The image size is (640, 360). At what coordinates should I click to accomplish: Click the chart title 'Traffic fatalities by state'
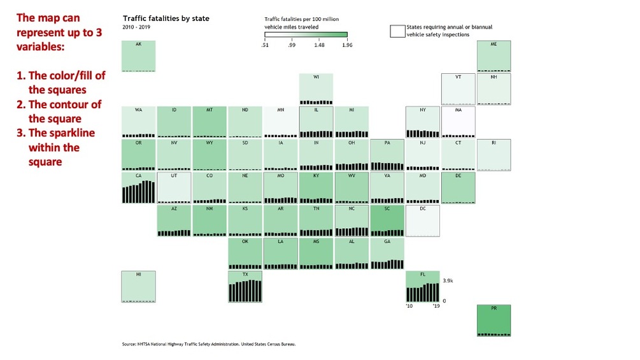pyautogui.click(x=166, y=18)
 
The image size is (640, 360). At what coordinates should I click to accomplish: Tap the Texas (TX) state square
pyautogui.click(x=245, y=286)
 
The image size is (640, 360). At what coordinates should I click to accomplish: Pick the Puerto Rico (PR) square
pyautogui.click(x=494, y=320)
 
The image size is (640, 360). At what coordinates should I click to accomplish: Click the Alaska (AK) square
pyautogui.click(x=138, y=56)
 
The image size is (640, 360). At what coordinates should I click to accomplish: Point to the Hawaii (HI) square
pyautogui.click(x=138, y=286)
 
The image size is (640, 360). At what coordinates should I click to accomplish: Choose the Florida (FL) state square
pyautogui.click(x=423, y=286)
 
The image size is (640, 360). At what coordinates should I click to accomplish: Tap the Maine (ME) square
pyautogui.click(x=494, y=56)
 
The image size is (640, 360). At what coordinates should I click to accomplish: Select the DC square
pyautogui.click(x=423, y=220)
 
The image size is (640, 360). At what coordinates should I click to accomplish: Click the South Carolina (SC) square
pyautogui.click(x=387, y=220)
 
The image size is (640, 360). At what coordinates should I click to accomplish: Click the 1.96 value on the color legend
pyautogui.click(x=347, y=45)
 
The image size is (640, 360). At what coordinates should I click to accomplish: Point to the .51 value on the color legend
pyautogui.click(x=265, y=45)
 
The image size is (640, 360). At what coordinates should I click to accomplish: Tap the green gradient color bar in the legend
pyautogui.click(x=306, y=34)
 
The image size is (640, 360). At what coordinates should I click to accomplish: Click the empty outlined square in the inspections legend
pyautogui.click(x=397, y=31)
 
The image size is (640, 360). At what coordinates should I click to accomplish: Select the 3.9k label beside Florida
pyautogui.click(x=448, y=280)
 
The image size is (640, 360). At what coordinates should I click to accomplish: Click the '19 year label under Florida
pyautogui.click(x=436, y=306)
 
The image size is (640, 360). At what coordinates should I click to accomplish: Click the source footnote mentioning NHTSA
pyautogui.click(x=209, y=344)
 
